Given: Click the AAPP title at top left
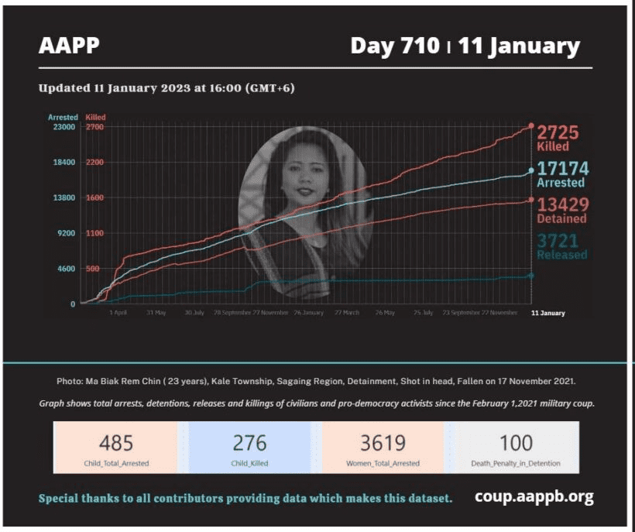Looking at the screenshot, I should click(69, 46).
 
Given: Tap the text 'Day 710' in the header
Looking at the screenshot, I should click(394, 46).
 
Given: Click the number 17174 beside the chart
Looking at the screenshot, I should click(563, 169).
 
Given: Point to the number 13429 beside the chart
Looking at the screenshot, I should click(563, 204).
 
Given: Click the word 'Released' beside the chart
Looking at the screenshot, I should click(562, 255).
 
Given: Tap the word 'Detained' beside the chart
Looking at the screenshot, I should click(561, 218).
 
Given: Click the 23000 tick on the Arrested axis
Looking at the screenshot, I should click(62, 126).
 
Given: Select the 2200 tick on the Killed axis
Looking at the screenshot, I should click(94, 162).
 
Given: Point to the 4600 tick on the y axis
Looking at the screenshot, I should click(64, 268).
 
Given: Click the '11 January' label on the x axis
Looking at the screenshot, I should click(547, 313).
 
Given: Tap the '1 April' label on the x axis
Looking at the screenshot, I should click(118, 313).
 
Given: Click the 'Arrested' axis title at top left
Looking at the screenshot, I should click(63, 117).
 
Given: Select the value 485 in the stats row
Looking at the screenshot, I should click(116, 443).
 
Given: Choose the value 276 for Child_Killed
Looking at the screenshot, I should click(249, 443).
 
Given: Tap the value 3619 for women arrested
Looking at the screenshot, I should click(383, 443).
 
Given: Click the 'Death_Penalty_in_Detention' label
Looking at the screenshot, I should click(517, 463).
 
